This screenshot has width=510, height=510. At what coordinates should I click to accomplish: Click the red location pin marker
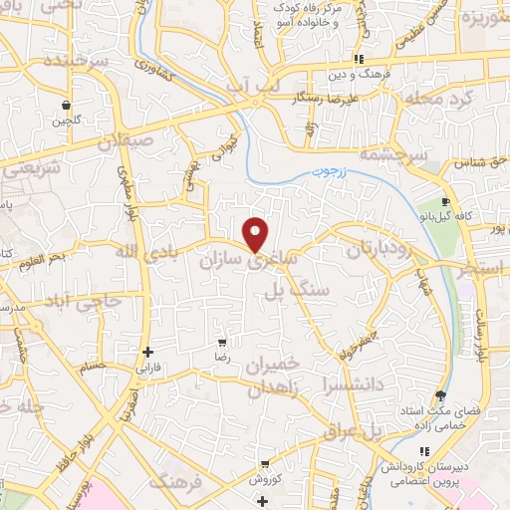[x=256, y=234]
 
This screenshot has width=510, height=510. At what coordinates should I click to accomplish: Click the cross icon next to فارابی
[x=147, y=352]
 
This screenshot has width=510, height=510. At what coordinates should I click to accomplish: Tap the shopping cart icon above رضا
[x=222, y=341]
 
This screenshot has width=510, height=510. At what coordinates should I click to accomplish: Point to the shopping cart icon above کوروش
[x=265, y=463]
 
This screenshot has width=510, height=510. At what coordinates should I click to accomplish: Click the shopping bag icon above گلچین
[x=66, y=104]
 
